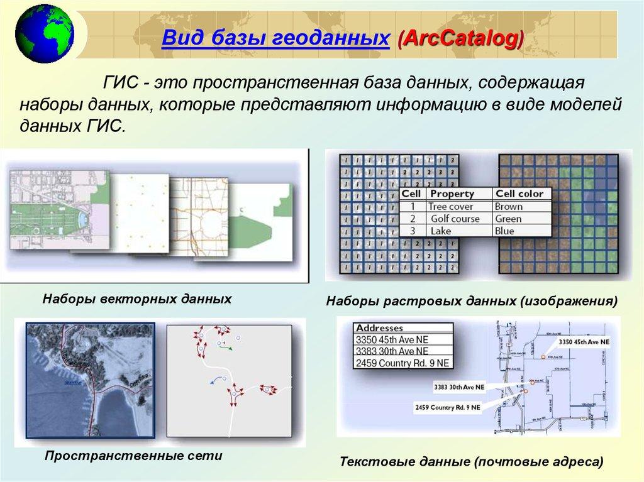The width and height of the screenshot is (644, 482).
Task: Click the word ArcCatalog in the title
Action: pyautogui.click(x=459, y=39)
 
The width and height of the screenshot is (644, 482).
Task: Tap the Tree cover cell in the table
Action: pyautogui.click(x=451, y=206)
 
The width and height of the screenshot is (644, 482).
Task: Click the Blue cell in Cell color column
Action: pyautogui.click(x=504, y=231)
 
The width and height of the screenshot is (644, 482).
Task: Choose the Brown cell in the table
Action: pyautogui.click(x=508, y=206)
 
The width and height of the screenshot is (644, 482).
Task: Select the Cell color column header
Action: pyautogui.click(x=519, y=194)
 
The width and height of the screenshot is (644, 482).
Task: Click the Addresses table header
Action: pyautogui.click(x=379, y=328)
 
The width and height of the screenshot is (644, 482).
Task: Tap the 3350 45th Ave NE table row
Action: pyautogui.click(x=392, y=339)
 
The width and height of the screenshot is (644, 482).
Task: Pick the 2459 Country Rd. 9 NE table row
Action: pyautogui.click(x=402, y=363)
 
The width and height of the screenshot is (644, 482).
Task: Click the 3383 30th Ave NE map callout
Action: pyautogui.click(x=458, y=386)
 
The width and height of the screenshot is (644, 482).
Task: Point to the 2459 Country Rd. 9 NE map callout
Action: pyautogui.click(x=448, y=407)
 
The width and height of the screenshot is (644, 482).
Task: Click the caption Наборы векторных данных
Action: pyautogui.click(x=137, y=298)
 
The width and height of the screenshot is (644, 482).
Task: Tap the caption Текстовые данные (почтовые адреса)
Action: pyautogui.click(x=471, y=462)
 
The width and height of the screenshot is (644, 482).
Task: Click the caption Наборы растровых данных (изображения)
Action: pyautogui.click(x=471, y=302)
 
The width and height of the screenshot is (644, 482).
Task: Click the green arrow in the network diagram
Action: pyautogui.click(x=225, y=345)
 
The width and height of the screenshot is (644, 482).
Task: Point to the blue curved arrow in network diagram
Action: pyautogui.click(x=216, y=378)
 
